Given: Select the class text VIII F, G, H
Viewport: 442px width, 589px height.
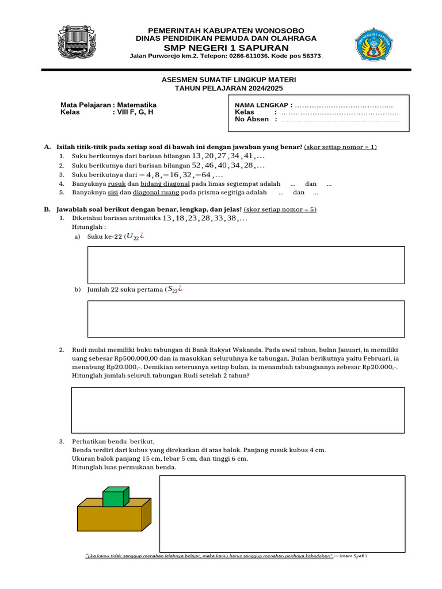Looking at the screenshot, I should click(x=135, y=113).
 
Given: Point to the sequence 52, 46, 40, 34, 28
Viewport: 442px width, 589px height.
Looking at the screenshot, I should click(x=228, y=165).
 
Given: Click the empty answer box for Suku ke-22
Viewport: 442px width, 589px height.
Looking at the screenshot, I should click(x=246, y=265).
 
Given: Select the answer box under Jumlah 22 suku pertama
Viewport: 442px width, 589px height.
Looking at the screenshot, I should click(x=246, y=319).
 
